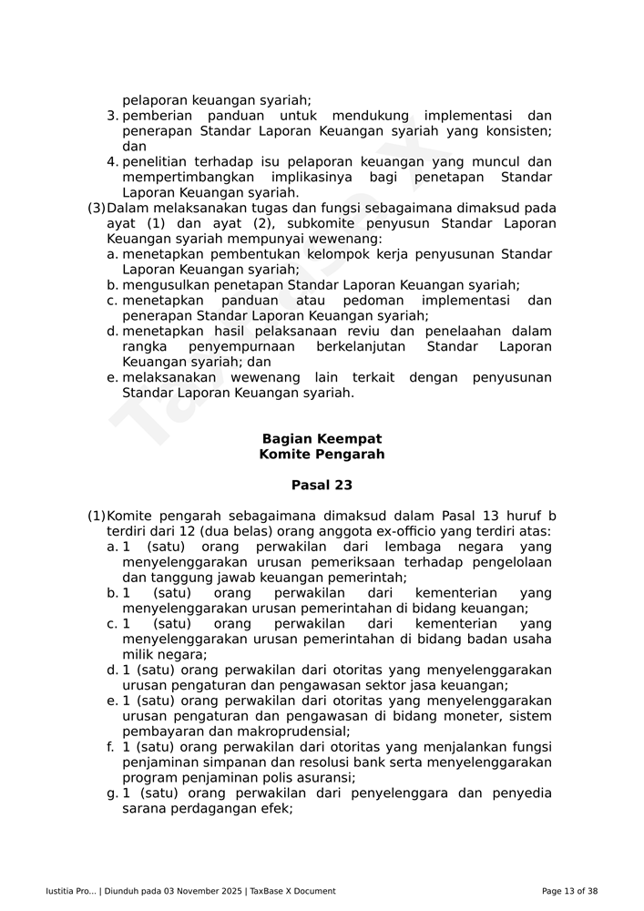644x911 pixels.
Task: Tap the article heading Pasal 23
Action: point(322,486)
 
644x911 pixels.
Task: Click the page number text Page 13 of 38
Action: point(569,891)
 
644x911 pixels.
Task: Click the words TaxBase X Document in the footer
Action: point(292,891)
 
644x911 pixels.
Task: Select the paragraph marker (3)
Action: point(96,208)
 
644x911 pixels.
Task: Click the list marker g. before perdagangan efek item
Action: point(112,793)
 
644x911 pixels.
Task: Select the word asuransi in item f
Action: point(325,778)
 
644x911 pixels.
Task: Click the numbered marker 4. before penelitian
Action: point(112,161)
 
